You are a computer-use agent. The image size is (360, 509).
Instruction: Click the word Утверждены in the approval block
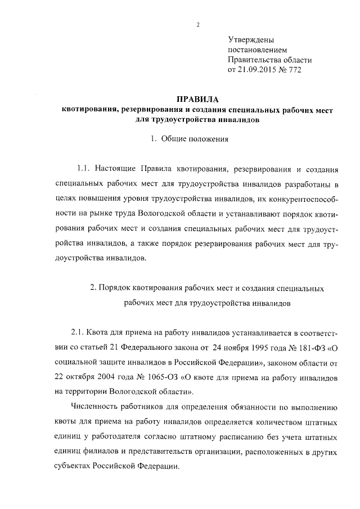[x=251, y=40]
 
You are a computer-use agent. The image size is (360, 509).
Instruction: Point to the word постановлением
[x=257, y=50]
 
